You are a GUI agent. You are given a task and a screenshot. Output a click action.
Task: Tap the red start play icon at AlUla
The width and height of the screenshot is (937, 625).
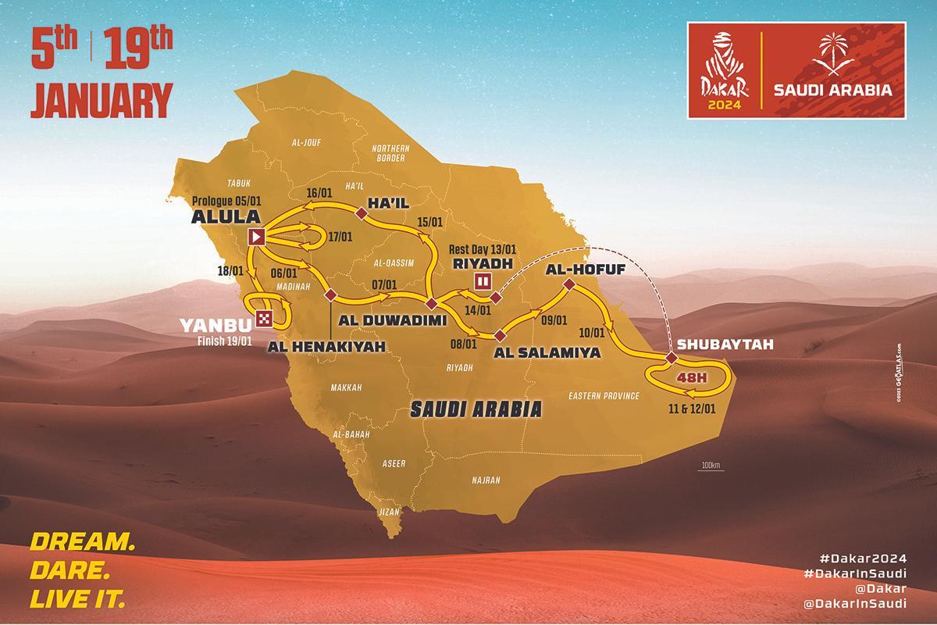[x=256, y=237]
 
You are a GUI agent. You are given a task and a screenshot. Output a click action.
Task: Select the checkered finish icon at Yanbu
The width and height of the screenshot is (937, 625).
[x=265, y=317]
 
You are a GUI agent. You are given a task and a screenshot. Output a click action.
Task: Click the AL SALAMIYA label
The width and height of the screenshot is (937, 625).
[x=547, y=352]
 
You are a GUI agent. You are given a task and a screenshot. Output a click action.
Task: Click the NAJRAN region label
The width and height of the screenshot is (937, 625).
[x=485, y=480]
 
